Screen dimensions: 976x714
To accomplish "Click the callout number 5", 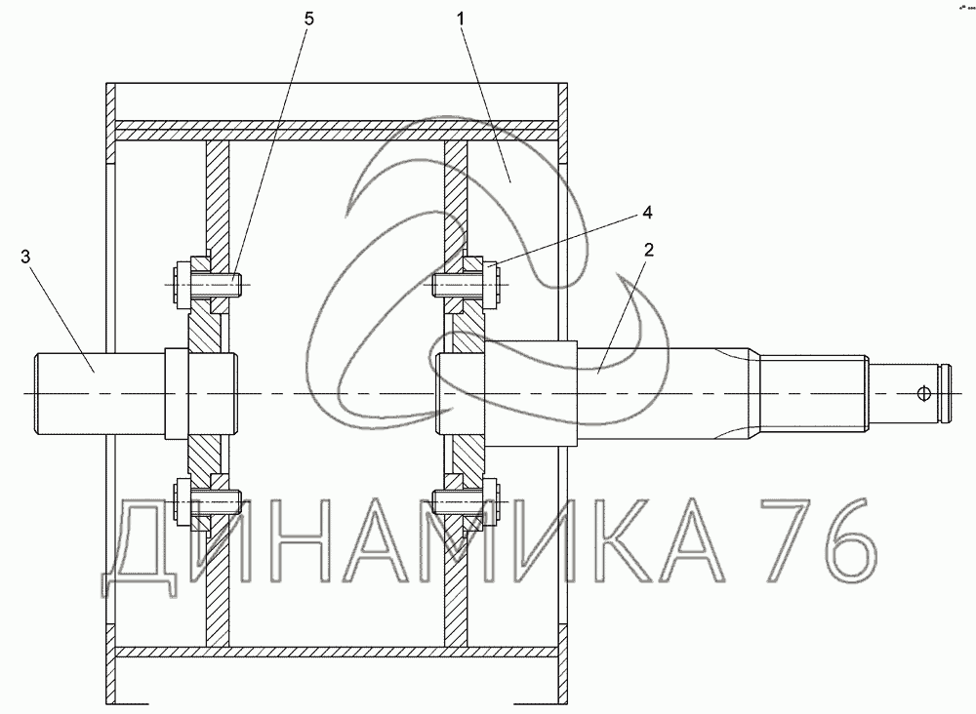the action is (x=309, y=19).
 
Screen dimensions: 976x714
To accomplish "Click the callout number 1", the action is (x=461, y=19).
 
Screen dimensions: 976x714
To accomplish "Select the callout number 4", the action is (x=647, y=213).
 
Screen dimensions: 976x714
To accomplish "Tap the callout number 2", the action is (x=649, y=250).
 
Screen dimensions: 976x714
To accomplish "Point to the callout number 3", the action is (x=25, y=257).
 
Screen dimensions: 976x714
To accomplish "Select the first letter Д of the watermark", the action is (x=140, y=547).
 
